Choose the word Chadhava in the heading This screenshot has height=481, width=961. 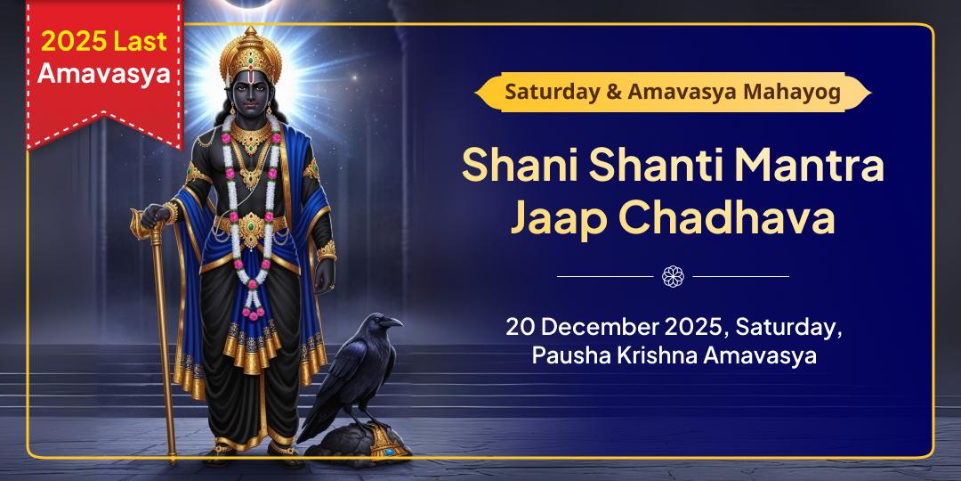point(727,218)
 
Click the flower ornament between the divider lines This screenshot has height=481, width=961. point(673,276)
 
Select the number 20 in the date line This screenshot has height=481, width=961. point(520,326)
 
